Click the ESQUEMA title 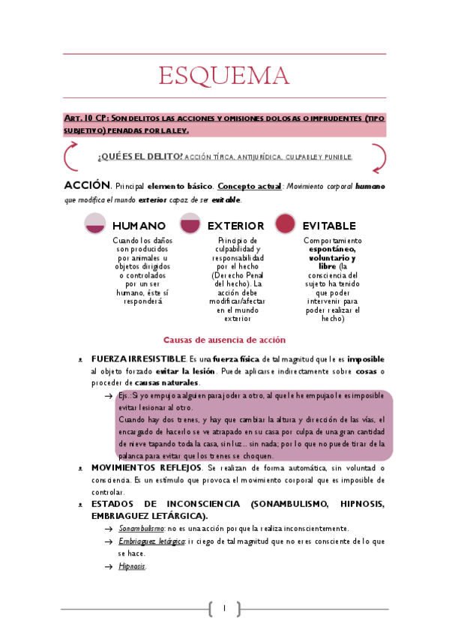[x=224, y=76]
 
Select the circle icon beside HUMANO [x=95, y=223]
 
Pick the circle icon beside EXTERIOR [x=190, y=223]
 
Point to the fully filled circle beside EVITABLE [x=285, y=223]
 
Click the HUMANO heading [x=139, y=226]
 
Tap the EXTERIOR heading [x=235, y=226]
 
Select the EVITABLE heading [x=329, y=226]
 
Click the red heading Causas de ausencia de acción [x=224, y=340]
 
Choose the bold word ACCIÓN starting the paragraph [x=87, y=184]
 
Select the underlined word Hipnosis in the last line [x=132, y=566]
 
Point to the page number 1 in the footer [x=223, y=608]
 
